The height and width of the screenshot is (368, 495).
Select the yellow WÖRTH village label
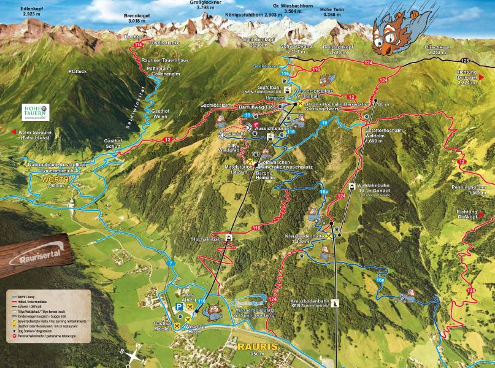click(x=53, y=180)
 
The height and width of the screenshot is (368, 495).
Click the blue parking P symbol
click(x=178, y=307)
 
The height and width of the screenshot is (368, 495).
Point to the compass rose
click(x=132, y=354)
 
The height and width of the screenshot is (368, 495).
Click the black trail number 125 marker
click(x=464, y=61)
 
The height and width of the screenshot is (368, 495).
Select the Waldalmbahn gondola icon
click(x=351, y=186)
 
